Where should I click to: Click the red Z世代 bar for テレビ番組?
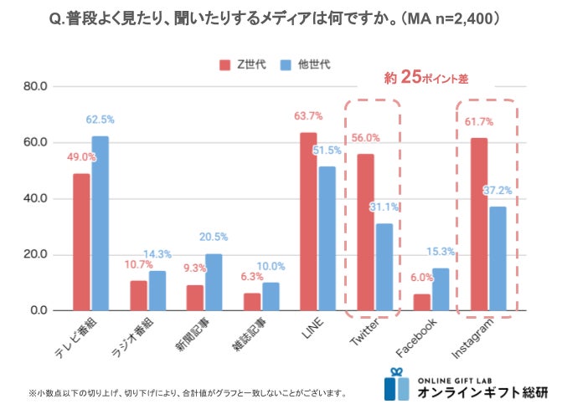pos(81,242)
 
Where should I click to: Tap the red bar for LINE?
pos(308,221)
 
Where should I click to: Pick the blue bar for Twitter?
pos(384,267)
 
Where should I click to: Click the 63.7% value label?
pos(309,116)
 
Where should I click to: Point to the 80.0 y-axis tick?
pos(36,86)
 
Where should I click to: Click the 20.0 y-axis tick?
pos(36,254)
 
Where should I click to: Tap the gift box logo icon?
pos(397,384)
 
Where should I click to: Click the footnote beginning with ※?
pos(186,392)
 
